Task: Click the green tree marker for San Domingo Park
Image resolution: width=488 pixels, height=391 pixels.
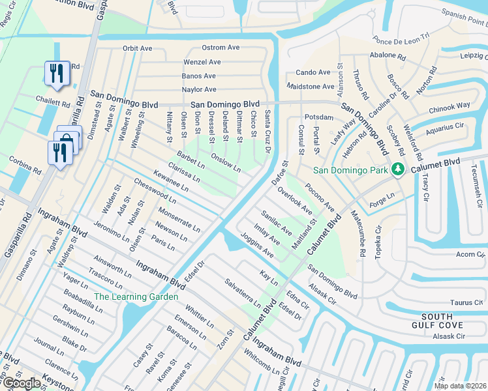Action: (x=396, y=170)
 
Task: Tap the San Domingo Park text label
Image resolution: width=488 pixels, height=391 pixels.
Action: (x=351, y=171)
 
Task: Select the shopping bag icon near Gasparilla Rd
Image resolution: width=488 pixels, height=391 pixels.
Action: (x=67, y=139)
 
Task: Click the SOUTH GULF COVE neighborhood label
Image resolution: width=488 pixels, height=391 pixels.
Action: (x=438, y=320)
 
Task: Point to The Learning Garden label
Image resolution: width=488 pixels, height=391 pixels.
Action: (x=136, y=297)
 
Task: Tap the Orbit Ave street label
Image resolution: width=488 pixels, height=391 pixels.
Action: (x=137, y=48)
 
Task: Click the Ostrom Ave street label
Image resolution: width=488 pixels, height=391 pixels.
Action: (x=221, y=48)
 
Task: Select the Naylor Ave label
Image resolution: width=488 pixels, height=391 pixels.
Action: (x=198, y=89)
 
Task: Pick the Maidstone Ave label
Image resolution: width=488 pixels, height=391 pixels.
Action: (x=311, y=86)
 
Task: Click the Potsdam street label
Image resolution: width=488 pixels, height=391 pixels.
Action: (x=320, y=117)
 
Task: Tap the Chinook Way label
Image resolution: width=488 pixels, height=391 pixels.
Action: (x=450, y=106)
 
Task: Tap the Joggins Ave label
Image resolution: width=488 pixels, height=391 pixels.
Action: (x=256, y=244)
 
